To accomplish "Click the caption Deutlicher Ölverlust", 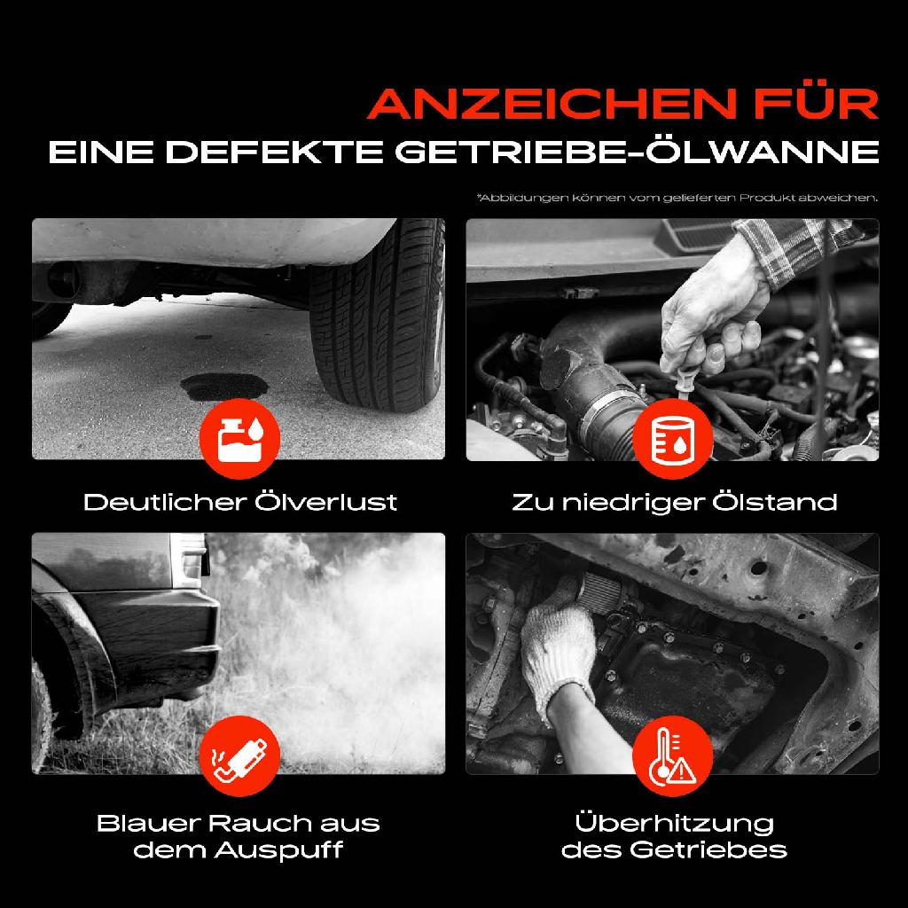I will coord(239,503).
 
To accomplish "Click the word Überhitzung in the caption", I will coord(674,823).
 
